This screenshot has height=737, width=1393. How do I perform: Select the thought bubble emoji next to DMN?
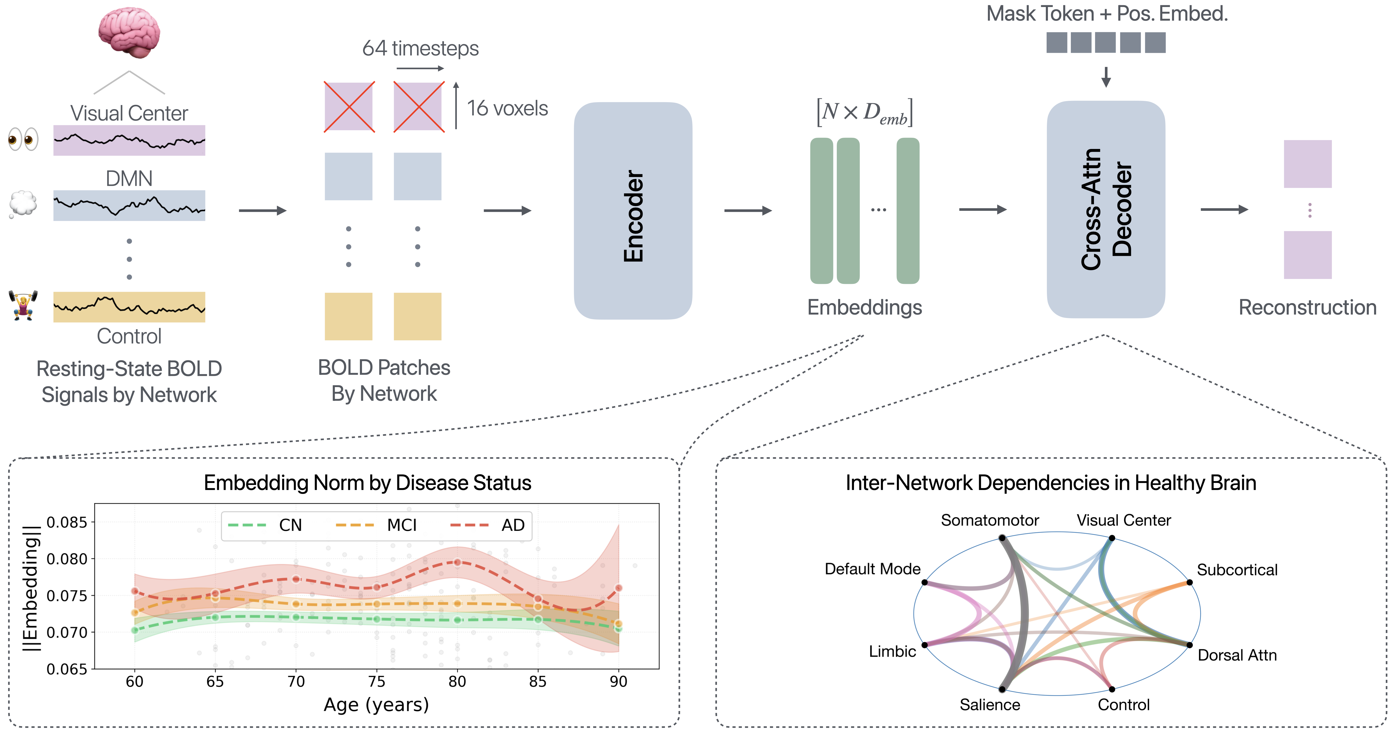point(23,204)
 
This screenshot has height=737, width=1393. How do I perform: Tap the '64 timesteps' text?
point(420,48)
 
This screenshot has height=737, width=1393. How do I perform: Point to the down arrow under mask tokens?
point(1106,77)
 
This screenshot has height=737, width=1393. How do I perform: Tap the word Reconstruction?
point(1307,307)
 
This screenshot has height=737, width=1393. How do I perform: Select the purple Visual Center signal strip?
point(129,141)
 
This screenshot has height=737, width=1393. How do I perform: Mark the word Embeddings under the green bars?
point(864,307)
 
